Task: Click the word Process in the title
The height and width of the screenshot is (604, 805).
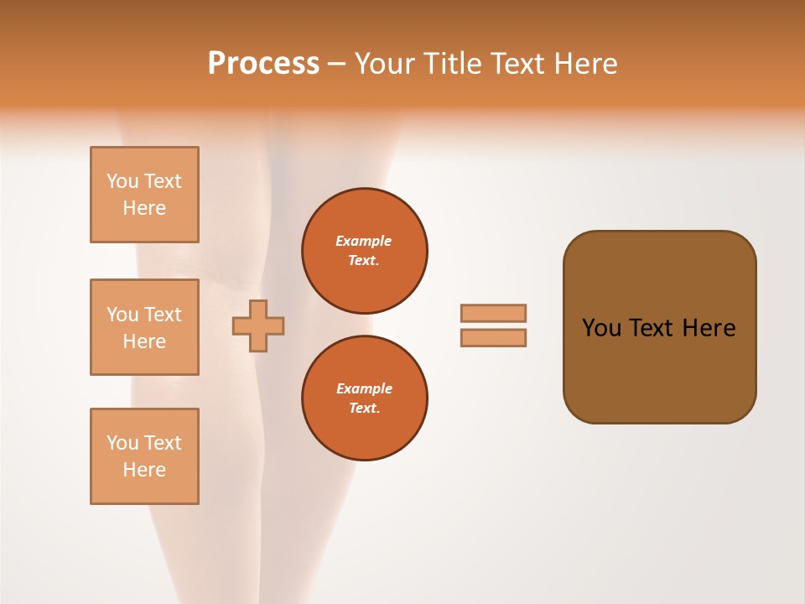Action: pyautogui.click(x=263, y=64)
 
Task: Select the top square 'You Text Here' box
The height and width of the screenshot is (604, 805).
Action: pyautogui.click(x=144, y=195)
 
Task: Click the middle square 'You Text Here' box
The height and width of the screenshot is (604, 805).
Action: pyautogui.click(x=144, y=327)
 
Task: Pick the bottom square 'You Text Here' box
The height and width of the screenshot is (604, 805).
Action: pyautogui.click(x=144, y=456)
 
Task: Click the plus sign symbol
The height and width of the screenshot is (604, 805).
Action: pyautogui.click(x=258, y=325)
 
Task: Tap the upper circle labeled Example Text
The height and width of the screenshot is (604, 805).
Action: pyautogui.click(x=365, y=251)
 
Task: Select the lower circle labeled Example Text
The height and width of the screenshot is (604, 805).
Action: pyautogui.click(x=365, y=398)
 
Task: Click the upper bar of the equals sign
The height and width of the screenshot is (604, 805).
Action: pyautogui.click(x=494, y=313)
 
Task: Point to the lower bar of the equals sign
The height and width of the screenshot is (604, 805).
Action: pyautogui.click(x=494, y=337)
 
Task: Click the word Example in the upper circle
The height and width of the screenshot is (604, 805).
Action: pyautogui.click(x=364, y=241)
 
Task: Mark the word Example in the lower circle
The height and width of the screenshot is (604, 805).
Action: pyautogui.click(x=364, y=388)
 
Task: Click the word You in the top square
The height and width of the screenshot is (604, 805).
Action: pyautogui.click(x=122, y=181)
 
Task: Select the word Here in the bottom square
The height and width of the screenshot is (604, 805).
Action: pyautogui.click(x=144, y=470)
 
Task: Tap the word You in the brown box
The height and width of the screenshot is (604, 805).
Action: pyautogui.click(x=601, y=328)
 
